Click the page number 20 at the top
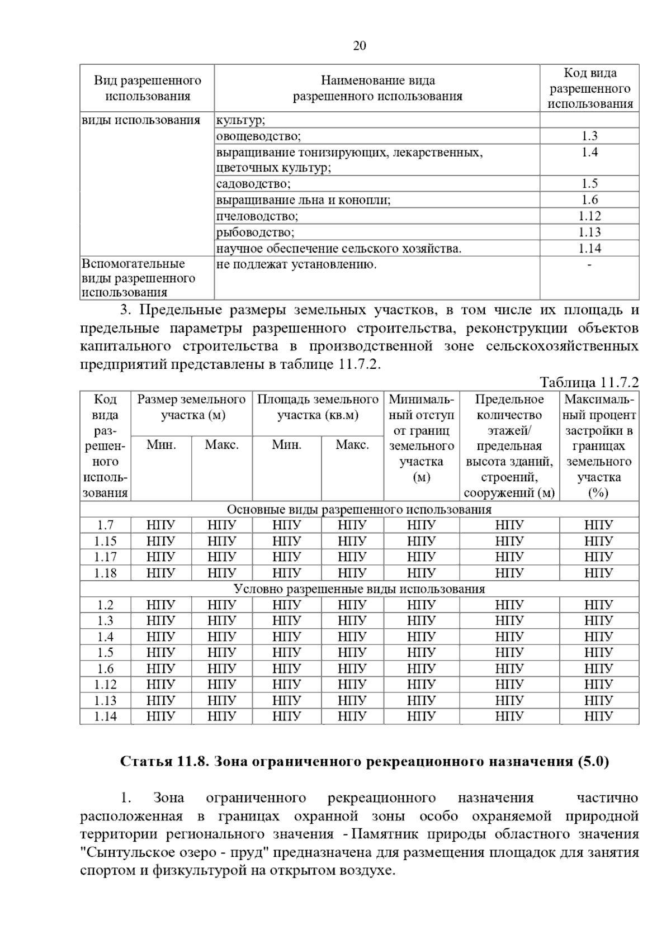tap(360, 46)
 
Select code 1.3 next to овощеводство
tap(589, 136)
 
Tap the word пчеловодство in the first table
tap(257, 216)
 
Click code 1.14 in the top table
tap(589, 249)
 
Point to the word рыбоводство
tap(255, 232)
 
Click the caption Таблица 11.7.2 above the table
tap(589, 382)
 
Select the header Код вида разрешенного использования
tap(590, 88)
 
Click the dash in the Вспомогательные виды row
tap(589, 264)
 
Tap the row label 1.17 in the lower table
tap(105, 557)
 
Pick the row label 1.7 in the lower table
tap(105, 525)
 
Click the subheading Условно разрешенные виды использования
tap(359, 589)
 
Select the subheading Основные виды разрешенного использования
tap(359, 510)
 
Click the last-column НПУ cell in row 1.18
tap(598, 573)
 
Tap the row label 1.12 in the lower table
tap(105, 685)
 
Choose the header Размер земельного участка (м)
tap(191, 407)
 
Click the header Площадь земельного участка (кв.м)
tap(318, 407)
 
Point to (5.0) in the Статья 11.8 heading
tap(593, 762)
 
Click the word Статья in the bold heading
tap(143, 762)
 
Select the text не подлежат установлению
tap(296, 264)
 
